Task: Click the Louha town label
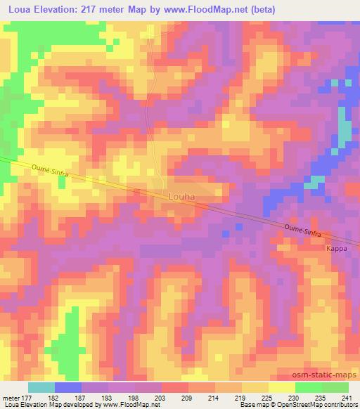coord(180,197)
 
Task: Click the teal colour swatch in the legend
coord(41,387)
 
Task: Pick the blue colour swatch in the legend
coord(68,387)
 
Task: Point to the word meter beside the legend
coord(10,397)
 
